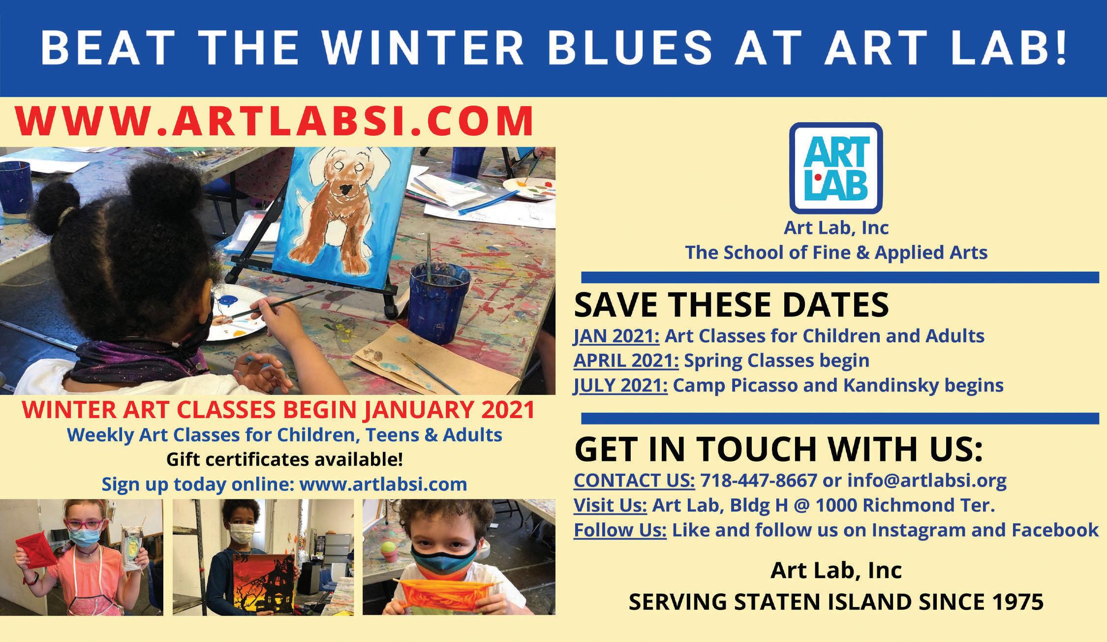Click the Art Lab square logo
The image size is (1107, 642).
pyautogui.click(x=835, y=168)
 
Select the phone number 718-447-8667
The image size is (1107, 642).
pyautogui.click(x=758, y=480)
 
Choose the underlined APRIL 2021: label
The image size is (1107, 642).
pyautogui.click(x=626, y=361)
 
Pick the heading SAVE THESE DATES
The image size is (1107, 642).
pyautogui.click(x=732, y=305)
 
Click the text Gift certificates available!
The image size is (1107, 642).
pyautogui.click(x=285, y=459)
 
